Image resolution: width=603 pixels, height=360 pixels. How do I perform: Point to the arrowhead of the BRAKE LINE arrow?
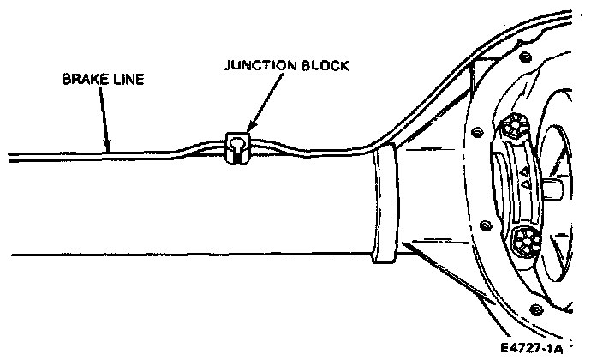pyautogui.click(x=108, y=147)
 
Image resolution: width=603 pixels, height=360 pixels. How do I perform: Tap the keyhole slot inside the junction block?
pyautogui.click(x=236, y=151)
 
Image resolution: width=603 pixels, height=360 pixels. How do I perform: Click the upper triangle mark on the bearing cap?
pyautogui.click(x=523, y=173)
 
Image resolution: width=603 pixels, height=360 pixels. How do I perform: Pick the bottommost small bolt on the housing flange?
pyautogui.click(x=536, y=309)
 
